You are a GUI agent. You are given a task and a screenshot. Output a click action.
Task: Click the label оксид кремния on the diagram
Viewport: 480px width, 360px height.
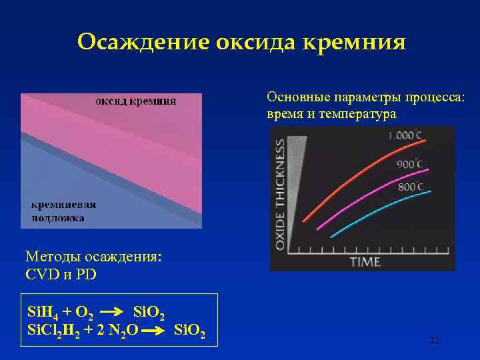(137, 101)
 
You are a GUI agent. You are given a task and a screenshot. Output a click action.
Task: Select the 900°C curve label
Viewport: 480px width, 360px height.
(410, 163)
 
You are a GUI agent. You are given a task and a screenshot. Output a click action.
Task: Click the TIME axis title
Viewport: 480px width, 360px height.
(365, 261)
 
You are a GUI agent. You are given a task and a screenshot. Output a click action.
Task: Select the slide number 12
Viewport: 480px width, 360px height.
(435, 341)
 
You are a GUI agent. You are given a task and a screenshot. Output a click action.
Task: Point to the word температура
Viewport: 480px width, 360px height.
(357, 114)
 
